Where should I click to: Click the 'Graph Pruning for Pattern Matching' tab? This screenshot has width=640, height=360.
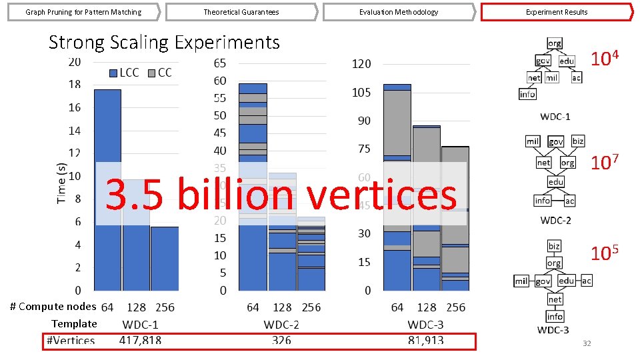pos(83,12)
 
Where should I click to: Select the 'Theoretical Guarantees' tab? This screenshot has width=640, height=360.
pos(241,12)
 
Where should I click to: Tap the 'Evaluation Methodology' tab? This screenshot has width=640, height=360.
pos(398,12)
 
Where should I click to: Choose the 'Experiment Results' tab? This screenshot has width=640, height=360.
pos(557,12)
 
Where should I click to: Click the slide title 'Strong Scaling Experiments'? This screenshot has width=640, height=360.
pos(164,43)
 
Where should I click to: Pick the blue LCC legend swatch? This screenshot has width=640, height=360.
pos(113,73)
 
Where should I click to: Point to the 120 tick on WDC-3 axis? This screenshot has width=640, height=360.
pos(361,64)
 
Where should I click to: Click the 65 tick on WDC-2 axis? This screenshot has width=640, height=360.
pos(219,63)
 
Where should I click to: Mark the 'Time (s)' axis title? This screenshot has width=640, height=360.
pos(61,183)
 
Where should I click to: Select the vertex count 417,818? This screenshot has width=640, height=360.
pos(140,341)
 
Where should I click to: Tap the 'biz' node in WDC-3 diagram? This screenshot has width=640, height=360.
pos(554,246)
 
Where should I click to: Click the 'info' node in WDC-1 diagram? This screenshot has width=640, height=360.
pos(527,94)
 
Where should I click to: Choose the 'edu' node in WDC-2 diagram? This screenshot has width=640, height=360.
pos(556,182)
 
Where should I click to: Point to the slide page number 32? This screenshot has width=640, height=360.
pos(587,343)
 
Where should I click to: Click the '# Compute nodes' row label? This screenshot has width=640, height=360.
pos(53,307)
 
